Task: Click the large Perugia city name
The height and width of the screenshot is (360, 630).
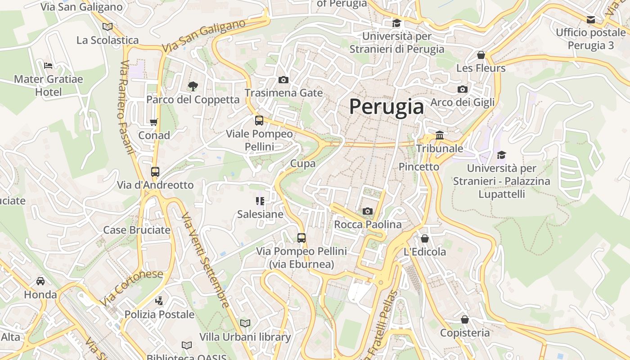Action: (387, 107)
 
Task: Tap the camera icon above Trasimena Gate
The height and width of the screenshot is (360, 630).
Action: (283, 80)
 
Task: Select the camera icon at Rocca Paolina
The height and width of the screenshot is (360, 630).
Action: (368, 211)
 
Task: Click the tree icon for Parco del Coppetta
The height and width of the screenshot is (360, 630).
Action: (193, 86)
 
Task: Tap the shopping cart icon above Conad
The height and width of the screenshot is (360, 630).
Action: (154, 121)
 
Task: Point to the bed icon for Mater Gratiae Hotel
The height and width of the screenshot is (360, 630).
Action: (48, 65)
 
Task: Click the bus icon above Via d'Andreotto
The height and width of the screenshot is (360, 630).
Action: (155, 171)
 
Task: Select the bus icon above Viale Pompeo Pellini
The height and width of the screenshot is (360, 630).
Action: (259, 120)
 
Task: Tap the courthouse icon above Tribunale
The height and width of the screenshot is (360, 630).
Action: (440, 135)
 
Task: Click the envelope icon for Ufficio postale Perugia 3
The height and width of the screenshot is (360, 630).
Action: (590, 19)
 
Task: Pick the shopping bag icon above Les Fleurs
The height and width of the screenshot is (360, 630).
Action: (481, 55)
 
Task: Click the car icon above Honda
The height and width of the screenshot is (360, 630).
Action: (40, 281)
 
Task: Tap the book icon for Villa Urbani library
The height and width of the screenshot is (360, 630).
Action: (245, 323)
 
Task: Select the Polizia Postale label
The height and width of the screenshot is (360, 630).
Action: (159, 314)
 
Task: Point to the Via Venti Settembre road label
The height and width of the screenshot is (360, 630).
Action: (206, 260)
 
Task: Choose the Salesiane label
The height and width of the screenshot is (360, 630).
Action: (260, 214)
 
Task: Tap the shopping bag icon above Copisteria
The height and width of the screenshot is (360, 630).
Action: (465, 319)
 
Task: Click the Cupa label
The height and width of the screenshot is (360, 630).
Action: (303, 163)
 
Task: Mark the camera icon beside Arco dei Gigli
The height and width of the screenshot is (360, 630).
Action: (462, 89)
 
